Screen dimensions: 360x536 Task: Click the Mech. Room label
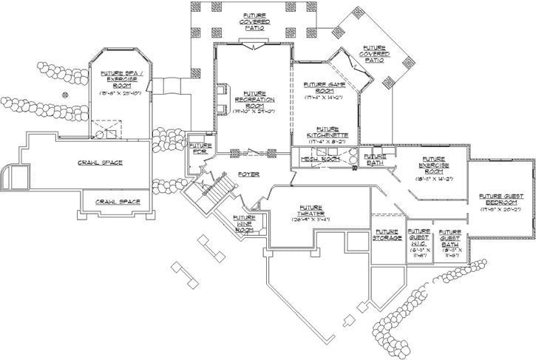320,158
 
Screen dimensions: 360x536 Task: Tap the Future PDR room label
200,149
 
